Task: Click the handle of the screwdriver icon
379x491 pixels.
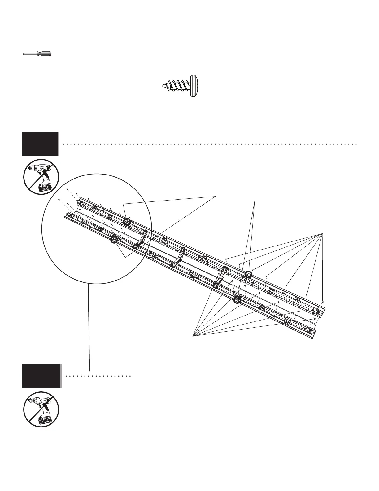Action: (44, 54)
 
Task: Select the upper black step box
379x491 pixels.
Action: (40, 144)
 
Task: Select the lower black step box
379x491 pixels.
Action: (41, 376)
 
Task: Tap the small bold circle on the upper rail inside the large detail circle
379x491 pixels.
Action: (127, 222)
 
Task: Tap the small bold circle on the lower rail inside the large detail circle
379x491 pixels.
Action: (114, 240)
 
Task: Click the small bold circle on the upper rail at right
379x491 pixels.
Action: (248, 274)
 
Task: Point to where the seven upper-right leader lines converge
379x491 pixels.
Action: (322, 233)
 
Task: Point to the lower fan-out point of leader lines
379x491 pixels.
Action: (193, 335)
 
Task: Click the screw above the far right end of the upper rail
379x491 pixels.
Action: (323, 301)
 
